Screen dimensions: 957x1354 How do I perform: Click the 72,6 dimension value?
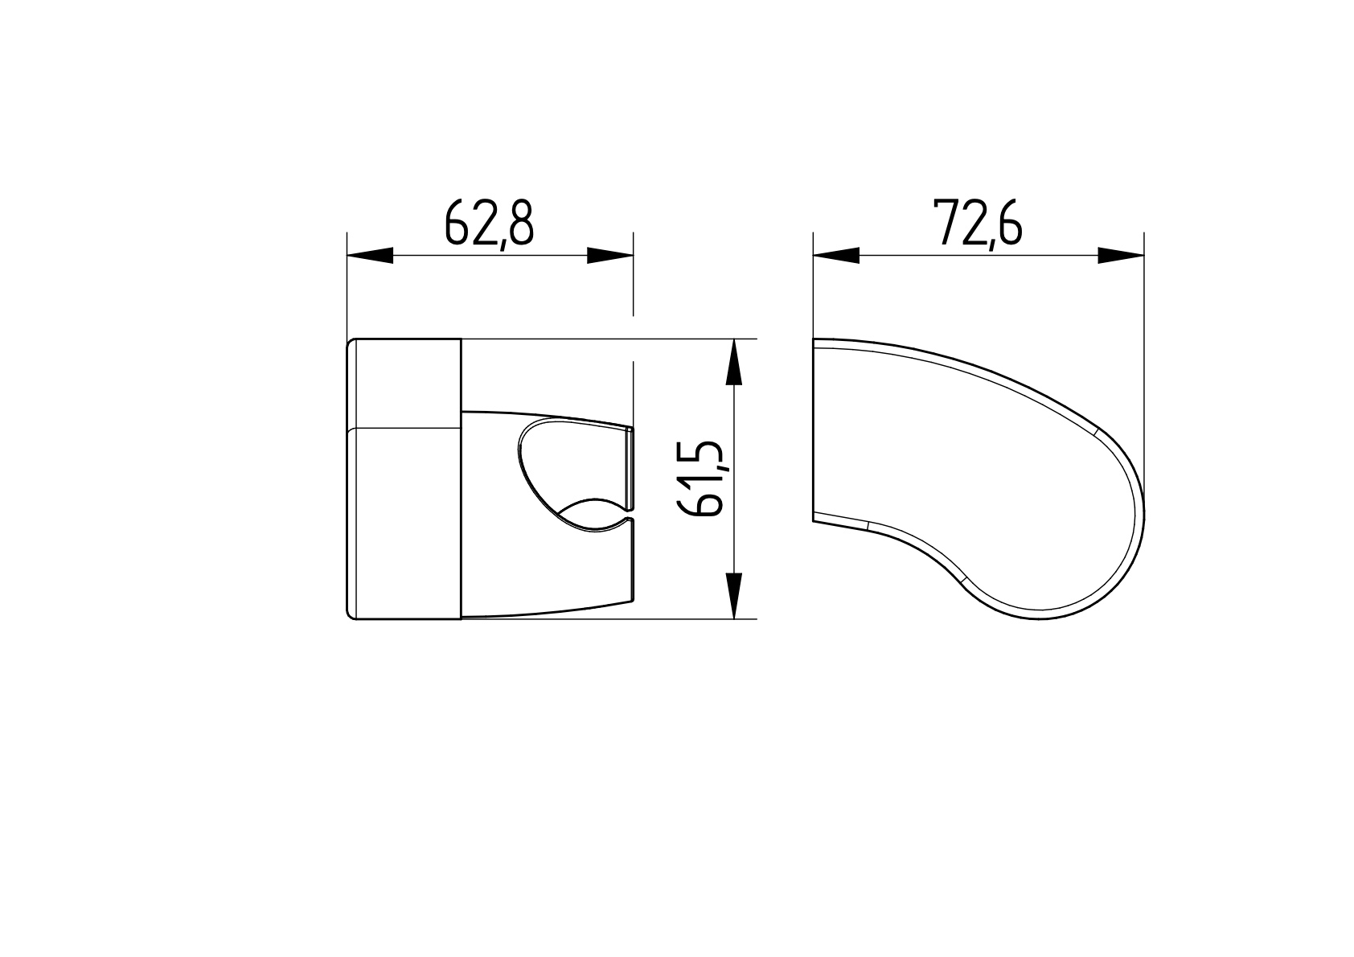point(977,223)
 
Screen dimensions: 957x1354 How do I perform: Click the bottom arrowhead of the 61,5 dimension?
point(733,596)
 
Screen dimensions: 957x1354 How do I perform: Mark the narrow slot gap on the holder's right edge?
point(632,515)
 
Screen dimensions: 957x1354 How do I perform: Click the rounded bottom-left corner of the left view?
point(351,614)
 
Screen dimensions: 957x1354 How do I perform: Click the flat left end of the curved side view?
point(813,430)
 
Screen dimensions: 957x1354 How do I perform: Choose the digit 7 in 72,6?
point(945,223)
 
